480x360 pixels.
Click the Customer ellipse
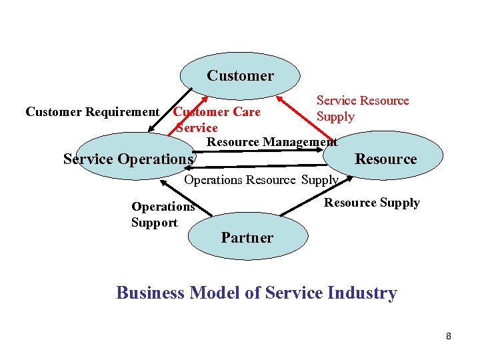click(240, 75)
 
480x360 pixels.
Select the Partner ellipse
click(247, 237)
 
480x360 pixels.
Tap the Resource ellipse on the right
click(385, 159)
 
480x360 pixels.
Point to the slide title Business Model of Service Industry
click(257, 293)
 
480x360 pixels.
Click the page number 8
click(449, 336)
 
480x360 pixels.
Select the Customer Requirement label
click(92, 112)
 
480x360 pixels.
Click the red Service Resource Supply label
click(362, 108)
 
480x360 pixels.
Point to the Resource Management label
click(272, 141)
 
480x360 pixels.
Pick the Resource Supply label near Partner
click(371, 203)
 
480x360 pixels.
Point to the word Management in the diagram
click(300, 141)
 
